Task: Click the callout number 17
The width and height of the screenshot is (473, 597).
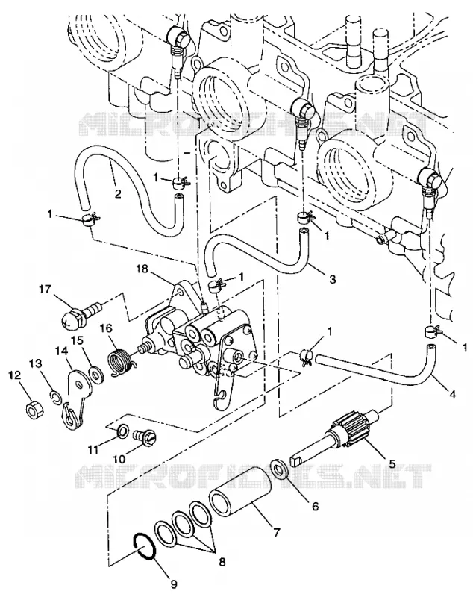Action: pyautogui.click(x=44, y=290)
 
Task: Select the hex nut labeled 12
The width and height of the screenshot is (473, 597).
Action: pyautogui.click(x=34, y=410)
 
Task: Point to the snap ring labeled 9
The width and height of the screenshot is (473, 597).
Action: pyautogui.click(x=143, y=546)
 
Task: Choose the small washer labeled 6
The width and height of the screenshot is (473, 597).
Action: pyautogui.click(x=279, y=470)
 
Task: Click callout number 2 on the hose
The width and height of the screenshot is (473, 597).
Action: pyautogui.click(x=118, y=194)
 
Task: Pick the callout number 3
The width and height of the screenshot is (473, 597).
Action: pyautogui.click(x=332, y=279)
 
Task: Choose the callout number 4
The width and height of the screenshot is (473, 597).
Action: pyautogui.click(x=451, y=395)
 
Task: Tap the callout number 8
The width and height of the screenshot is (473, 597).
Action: pyautogui.click(x=222, y=563)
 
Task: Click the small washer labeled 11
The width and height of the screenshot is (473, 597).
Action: pyautogui.click(x=122, y=431)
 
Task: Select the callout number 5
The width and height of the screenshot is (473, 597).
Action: pyautogui.click(x=392, y=463)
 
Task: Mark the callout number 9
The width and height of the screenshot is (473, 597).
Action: pyautogui.click(x=173, y=584)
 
